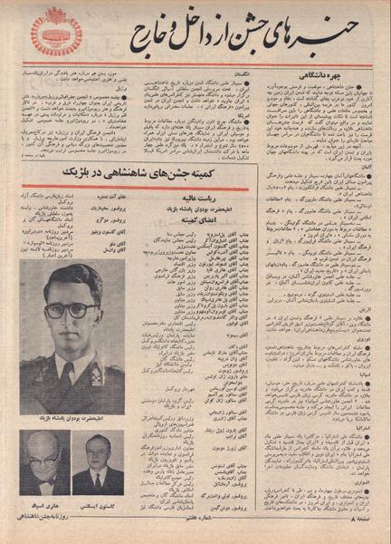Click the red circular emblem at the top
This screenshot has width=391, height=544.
point(56,32)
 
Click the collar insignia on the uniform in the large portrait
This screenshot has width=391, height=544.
point(95,371)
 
